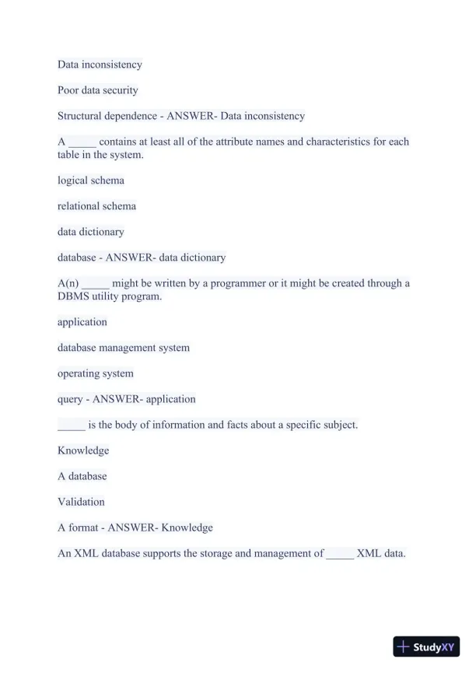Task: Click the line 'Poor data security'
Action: click(x=98, y=90)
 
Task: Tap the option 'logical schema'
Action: click(x=91, y=181)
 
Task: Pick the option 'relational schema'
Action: click(x=96, y=206)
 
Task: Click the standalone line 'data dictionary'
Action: click(x=91, y=232)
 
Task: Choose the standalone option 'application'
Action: click(x=82, y=322)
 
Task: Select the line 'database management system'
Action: click(x=124, y=348)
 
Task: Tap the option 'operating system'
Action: click(x=96, y=373)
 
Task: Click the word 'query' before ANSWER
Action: click(x=70, y=399)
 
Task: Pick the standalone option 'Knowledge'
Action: click(x=83, y=450)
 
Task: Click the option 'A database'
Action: click(x=82, y=476)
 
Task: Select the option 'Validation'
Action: click(x=81, y=502)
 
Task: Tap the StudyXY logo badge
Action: click(x=426, y=647)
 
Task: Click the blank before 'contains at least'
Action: click(x=82, y=142)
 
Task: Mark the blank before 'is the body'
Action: click(x=71, y=426)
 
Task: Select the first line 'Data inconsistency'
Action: click(x=100, y=65)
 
